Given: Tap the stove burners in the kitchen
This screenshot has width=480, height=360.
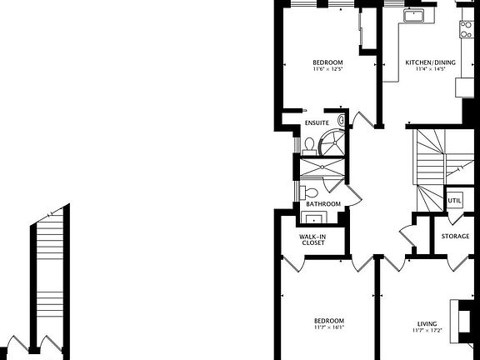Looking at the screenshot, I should pyautogui.click(x=467, y=29).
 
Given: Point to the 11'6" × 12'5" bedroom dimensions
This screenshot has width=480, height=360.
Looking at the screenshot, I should pyautogui.click(x=327, y=70).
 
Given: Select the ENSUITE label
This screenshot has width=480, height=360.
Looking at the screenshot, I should pyautogui.click(x=317, y=123).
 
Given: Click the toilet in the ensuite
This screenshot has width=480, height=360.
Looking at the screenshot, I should pyautogui.click(x=310, y=144).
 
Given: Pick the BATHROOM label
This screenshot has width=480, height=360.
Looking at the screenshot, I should pyautogui.click(x=322, y=204).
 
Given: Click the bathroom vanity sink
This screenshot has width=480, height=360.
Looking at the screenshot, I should pyautogui.click(x=314, y=218).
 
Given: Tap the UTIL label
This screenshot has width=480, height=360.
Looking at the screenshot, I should pyautogui.click(x=455, y=201).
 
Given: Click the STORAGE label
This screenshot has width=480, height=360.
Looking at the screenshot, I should pyautogui.click(x=455, y=237).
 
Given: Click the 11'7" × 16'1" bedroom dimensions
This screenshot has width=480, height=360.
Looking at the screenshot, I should pyautogui.click(x=328, y=327).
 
